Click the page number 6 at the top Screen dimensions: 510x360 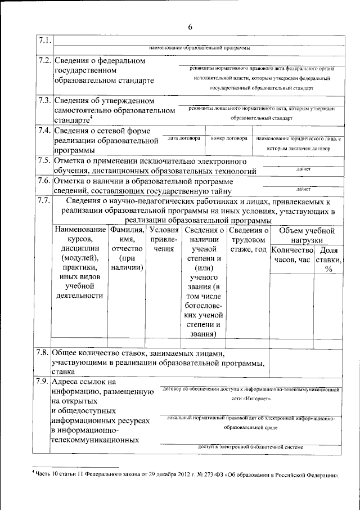[190, 27]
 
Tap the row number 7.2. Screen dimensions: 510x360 [44, 60]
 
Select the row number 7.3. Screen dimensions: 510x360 [44, 100]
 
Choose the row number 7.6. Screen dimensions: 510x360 [44, 181]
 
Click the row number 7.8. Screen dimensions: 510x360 [42, 352]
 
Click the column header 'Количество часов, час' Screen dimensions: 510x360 [291, 255]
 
